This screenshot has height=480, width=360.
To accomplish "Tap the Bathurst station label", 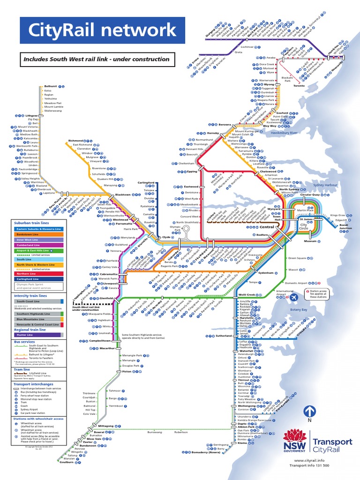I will coord(50,86).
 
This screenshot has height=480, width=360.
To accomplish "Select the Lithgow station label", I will coord(31,115).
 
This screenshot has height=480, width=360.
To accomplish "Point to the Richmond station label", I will coord(75,141).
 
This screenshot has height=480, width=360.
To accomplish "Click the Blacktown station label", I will coord(123,195).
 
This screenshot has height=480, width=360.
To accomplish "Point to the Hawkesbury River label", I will coord(285,133).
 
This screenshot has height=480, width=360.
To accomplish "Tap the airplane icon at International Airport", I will coord(294,297).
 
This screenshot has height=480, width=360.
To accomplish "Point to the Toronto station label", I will coord(299,86).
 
